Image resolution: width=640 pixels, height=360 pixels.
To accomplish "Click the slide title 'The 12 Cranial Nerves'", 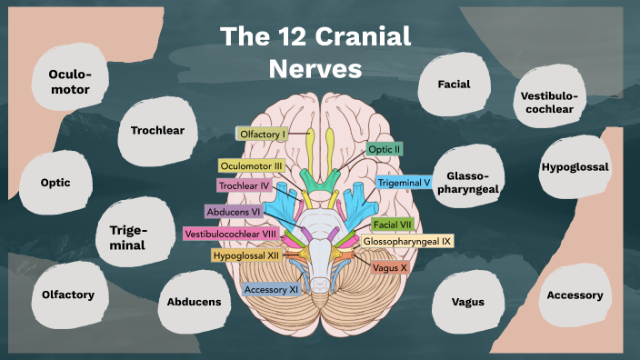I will pyautogui.click(x=315, y=53).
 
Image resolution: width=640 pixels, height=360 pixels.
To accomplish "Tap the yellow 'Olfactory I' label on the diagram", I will pyautogui.click(x=262, y=135).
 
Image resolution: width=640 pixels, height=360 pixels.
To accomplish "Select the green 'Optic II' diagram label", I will pyautogui.click(x=385, y=148).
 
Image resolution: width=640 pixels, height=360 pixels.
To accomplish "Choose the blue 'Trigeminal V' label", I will pyautogui.click(x=404, y=182).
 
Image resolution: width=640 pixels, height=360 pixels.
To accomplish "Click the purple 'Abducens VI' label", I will pyautogui.click(x=235, y=211).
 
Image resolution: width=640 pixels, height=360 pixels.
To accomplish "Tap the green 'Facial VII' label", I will pyautogui.click(x=394, y=224).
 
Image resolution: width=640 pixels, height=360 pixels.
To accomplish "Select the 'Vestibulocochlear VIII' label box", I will pyautogui.click(x=230, y=234).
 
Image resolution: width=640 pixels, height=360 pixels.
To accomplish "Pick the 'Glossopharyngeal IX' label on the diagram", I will pyautogui.click(x=406, y=242).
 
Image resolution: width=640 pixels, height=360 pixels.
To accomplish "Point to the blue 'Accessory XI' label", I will pyautogui.click(x=272, y=289).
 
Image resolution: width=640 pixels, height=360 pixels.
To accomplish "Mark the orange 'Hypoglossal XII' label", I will pyautogui.click(x=246, y=256).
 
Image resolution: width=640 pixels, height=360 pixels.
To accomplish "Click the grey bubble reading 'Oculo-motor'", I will pyautogui.click(x=65, y=80).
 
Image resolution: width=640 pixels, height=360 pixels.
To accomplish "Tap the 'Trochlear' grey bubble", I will pyautogui.click(x=157, y=130).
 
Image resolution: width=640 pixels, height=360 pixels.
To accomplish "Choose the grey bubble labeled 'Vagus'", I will pyautogui.click(x=469, y=302).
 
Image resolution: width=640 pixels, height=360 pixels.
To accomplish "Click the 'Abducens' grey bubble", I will pyautogui.click(x=194, y=301).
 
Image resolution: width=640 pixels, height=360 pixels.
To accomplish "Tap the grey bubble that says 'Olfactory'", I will pyautogui.click(x=68, y=295).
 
